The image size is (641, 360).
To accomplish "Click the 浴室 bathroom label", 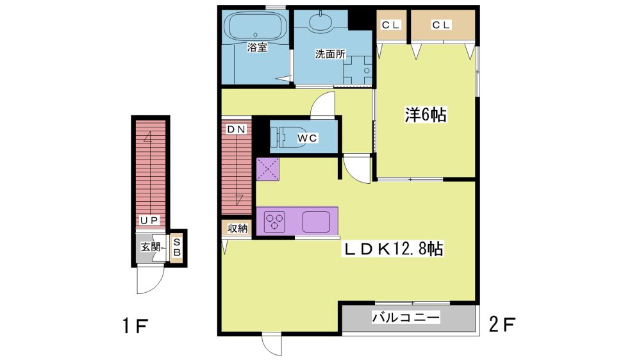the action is coord(257,47).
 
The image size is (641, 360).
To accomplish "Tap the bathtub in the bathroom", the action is coord(256,26).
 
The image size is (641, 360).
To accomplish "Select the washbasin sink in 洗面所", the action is coord(322,22).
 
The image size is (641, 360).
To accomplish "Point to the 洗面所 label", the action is coord(330,54).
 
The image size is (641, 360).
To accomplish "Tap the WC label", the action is coord(307,138).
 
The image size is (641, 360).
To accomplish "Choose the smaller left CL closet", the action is coord(391,26).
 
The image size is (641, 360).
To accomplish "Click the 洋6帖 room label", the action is coord(426,115).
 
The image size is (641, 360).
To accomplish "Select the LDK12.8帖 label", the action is coord(394,249).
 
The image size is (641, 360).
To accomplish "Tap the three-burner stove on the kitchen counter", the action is coord(275,222).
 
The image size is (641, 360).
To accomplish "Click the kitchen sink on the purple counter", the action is coord(316,222).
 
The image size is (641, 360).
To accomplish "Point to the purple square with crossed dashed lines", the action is coord(268,168).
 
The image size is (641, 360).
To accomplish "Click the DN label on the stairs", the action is coord(237,129).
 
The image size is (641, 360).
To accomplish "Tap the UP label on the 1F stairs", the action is coord(149,220).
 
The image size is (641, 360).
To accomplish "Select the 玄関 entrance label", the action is coord(151,247).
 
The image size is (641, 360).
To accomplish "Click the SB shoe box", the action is coord(177,247).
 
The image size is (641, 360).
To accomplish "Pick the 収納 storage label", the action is coord(238,229).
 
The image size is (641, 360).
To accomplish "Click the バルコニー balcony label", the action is coord(406,318).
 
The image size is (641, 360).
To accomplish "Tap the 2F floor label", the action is coord(502,325).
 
